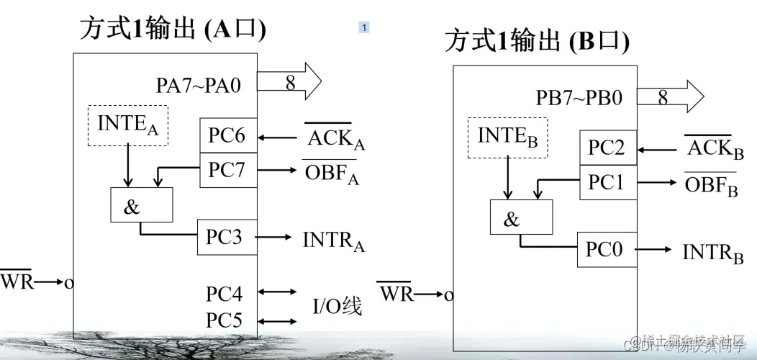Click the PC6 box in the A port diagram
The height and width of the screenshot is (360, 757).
[227, 135]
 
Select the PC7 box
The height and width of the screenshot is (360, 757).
[227, 170]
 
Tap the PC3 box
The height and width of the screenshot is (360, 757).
[227, 238]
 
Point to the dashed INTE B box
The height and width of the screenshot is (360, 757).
[509, 137]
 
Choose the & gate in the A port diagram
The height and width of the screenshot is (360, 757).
[141, 206]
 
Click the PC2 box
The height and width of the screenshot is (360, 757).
[607, 148]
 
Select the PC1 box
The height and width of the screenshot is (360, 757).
[607, 183]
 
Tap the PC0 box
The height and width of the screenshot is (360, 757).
[607, 250]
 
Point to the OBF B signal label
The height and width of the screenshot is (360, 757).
[711, 185]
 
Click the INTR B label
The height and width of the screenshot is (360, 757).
[712, 253]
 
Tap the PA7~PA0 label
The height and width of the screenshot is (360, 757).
[198, 86]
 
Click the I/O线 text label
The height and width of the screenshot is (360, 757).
[337, 307]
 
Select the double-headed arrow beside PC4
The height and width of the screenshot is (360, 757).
[277, 292]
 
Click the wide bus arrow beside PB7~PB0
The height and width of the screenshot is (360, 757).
[669, 96]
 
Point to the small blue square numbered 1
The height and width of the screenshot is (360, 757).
[364, 27]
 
